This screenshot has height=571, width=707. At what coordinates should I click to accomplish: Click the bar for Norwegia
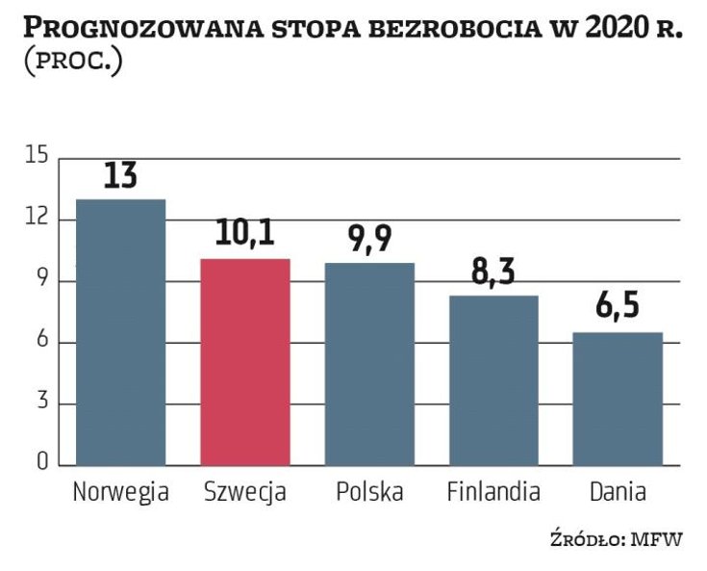pos(120,332)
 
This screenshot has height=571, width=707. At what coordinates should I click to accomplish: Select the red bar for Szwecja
pos(245,362)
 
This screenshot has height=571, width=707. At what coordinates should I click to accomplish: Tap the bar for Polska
pos(369,364)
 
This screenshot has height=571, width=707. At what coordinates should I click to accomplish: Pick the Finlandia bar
pos(493,380)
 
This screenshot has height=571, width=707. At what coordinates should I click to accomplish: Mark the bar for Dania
pos(618,399)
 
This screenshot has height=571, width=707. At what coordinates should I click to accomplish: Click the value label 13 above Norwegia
pos(120,176)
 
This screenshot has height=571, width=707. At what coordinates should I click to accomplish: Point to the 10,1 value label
pos(245,236)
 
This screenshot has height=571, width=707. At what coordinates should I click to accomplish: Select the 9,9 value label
pos(369,240)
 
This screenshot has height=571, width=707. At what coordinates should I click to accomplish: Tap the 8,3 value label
pos(493,273)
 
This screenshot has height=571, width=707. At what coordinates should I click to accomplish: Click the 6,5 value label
pos(618,309)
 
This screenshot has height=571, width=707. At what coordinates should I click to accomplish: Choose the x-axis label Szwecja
pos(245,493)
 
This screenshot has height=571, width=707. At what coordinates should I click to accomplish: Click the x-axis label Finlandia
pos(493,492)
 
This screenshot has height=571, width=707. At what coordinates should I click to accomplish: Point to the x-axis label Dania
pos(618,492)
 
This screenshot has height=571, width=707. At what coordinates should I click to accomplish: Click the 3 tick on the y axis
pos(40,403)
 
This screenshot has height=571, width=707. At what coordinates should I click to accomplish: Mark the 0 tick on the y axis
pos(40,464)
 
